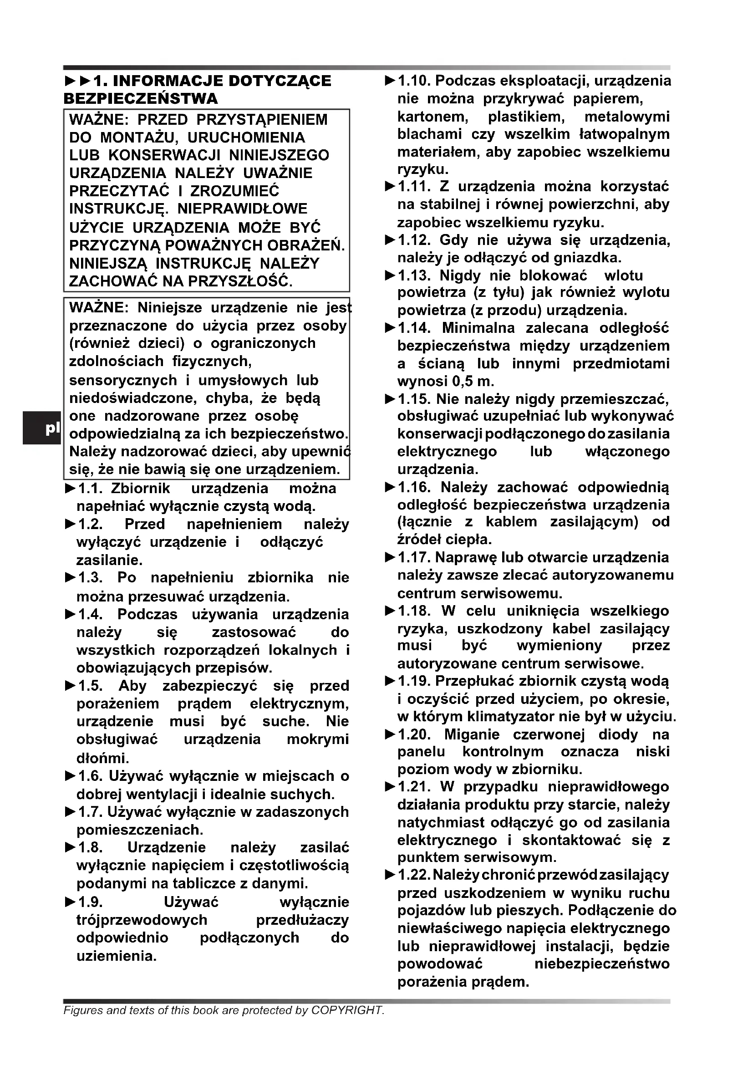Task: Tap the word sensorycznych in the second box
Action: coord(123,380)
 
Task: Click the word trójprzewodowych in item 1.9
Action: coord(142,920)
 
